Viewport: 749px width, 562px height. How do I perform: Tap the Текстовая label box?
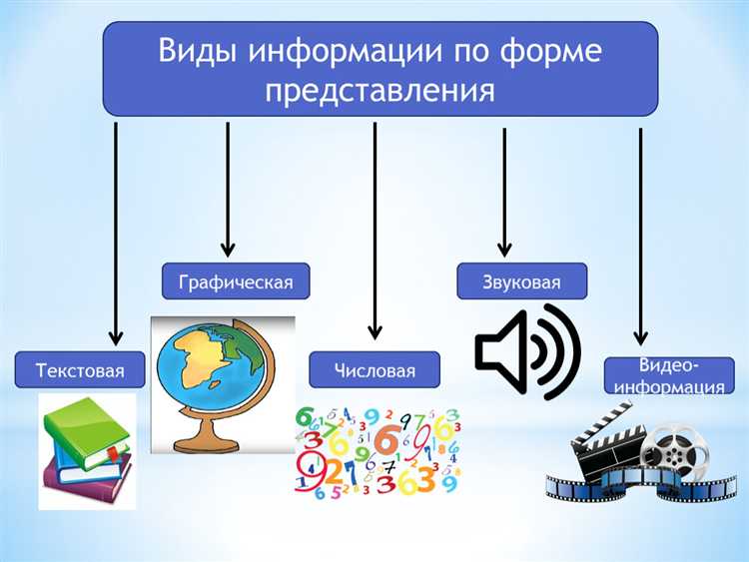pos(80,372)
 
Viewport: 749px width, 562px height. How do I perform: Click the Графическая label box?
pos(236,282)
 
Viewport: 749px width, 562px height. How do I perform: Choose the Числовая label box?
pos(374,372)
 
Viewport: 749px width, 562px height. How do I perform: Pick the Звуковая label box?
pos(521,282)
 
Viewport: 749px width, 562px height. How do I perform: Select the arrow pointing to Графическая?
pos(228,190)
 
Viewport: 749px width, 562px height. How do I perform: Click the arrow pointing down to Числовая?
pos(374,230)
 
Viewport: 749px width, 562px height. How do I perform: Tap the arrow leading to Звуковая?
pos(504,190)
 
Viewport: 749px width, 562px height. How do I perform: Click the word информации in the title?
pos(353,51)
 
